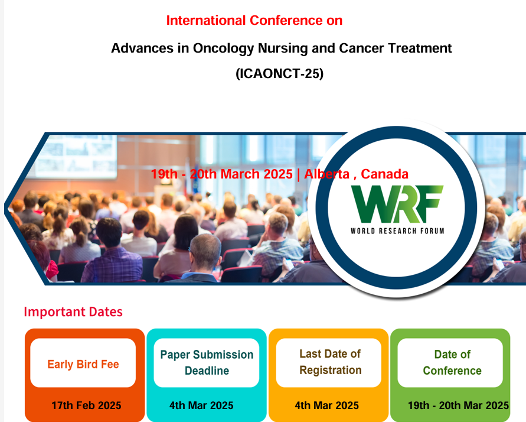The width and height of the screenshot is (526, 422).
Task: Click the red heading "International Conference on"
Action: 254,21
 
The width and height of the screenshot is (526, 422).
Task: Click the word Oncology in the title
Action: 223,49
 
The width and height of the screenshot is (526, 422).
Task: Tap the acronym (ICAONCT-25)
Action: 279,73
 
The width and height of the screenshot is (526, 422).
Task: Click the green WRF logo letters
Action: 397,204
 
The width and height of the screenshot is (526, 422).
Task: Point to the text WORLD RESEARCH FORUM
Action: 397,231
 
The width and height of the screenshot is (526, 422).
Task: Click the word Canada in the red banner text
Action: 384,174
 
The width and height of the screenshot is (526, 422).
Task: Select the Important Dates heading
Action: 73,312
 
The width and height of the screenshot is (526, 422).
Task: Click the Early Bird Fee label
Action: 83,364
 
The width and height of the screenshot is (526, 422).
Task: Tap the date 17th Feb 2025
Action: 86,405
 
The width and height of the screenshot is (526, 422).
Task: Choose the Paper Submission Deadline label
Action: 207,362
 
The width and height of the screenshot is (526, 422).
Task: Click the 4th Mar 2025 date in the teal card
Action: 201,405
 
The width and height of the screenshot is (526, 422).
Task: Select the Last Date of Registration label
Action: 331,362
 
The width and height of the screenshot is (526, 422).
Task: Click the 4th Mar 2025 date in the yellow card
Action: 326,405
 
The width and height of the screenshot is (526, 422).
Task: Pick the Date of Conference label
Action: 452,362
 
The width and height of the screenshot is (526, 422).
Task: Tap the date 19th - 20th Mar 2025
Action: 458,405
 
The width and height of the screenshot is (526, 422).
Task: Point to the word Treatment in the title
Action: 420,48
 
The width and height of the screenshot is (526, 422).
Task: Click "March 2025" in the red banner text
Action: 257,174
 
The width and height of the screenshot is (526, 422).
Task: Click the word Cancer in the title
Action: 362,48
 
